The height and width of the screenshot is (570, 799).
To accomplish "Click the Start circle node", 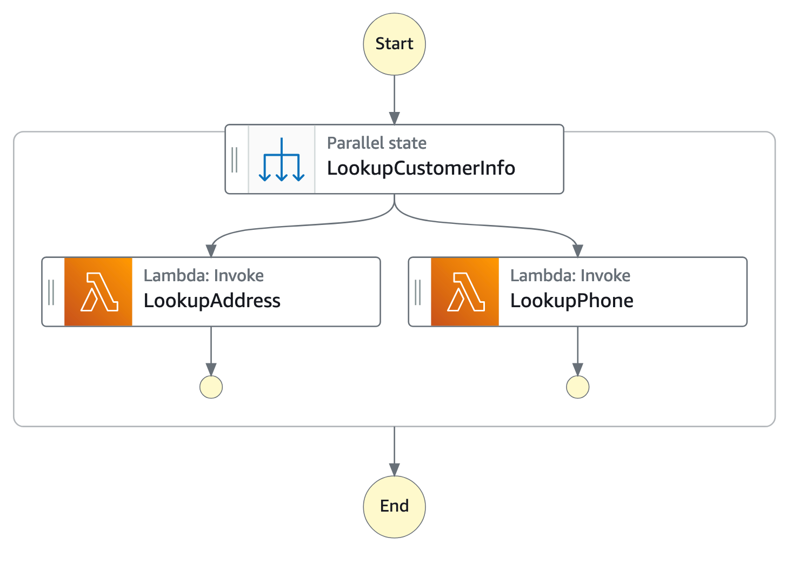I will coord(394,44).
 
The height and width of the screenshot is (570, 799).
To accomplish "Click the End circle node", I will coord(394,506).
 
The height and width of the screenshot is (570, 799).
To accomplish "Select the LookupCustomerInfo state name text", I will coord(421,168).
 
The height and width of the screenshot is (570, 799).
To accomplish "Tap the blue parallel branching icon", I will coord(281,160).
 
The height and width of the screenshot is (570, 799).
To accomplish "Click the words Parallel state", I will coord(376,143).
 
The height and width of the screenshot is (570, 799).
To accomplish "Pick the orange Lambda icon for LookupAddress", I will coord(98,291).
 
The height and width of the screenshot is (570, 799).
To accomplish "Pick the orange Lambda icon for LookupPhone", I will coord(465,291).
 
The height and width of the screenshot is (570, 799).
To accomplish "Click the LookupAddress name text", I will coord(212,301).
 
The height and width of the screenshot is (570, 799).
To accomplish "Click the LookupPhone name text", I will coord(571,301).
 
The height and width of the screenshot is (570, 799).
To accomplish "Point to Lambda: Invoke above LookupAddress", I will coord(203,276).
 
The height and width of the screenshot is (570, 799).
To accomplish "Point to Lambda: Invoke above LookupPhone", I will coord(570,276).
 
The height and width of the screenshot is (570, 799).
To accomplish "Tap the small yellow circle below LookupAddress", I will coord(211,387).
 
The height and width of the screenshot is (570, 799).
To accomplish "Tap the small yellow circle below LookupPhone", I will coord(577,387).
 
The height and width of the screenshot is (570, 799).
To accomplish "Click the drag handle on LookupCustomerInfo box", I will coord(235,160).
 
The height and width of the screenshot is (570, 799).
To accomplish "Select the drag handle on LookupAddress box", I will coord(51,292).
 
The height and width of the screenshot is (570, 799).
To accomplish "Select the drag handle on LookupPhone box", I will coord(418,292).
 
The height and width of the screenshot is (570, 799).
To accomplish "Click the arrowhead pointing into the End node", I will coord(394,469).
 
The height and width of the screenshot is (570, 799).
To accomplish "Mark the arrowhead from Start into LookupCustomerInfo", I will coord(394,118).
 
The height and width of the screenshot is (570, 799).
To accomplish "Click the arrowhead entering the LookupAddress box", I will coord(211,250).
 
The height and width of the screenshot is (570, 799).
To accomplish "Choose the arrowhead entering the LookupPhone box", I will coord(577,250).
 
